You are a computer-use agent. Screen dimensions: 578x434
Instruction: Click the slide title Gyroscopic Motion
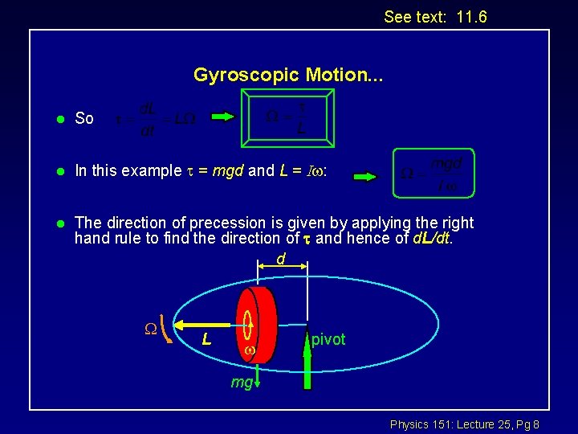(288, 76)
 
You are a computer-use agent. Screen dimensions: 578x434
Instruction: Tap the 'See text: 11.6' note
(435, 17)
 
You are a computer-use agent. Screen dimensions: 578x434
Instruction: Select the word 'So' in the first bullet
(84, 119)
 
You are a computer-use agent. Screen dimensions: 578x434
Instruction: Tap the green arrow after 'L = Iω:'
(365, 175)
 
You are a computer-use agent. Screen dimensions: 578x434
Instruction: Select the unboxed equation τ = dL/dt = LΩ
(155, 119)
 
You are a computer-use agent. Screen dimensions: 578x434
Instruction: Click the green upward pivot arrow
(306, 358)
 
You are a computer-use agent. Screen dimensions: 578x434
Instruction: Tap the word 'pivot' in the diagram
(328, 340)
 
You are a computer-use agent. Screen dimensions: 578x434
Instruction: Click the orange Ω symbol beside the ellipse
(149, 328)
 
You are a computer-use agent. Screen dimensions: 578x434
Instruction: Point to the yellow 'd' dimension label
(281, 260)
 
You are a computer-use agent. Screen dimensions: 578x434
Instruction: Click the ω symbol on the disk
(250, 351)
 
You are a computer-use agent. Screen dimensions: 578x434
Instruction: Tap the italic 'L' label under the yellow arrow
(206, 340)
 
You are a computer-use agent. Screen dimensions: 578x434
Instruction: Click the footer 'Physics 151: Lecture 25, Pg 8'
(464, 424)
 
